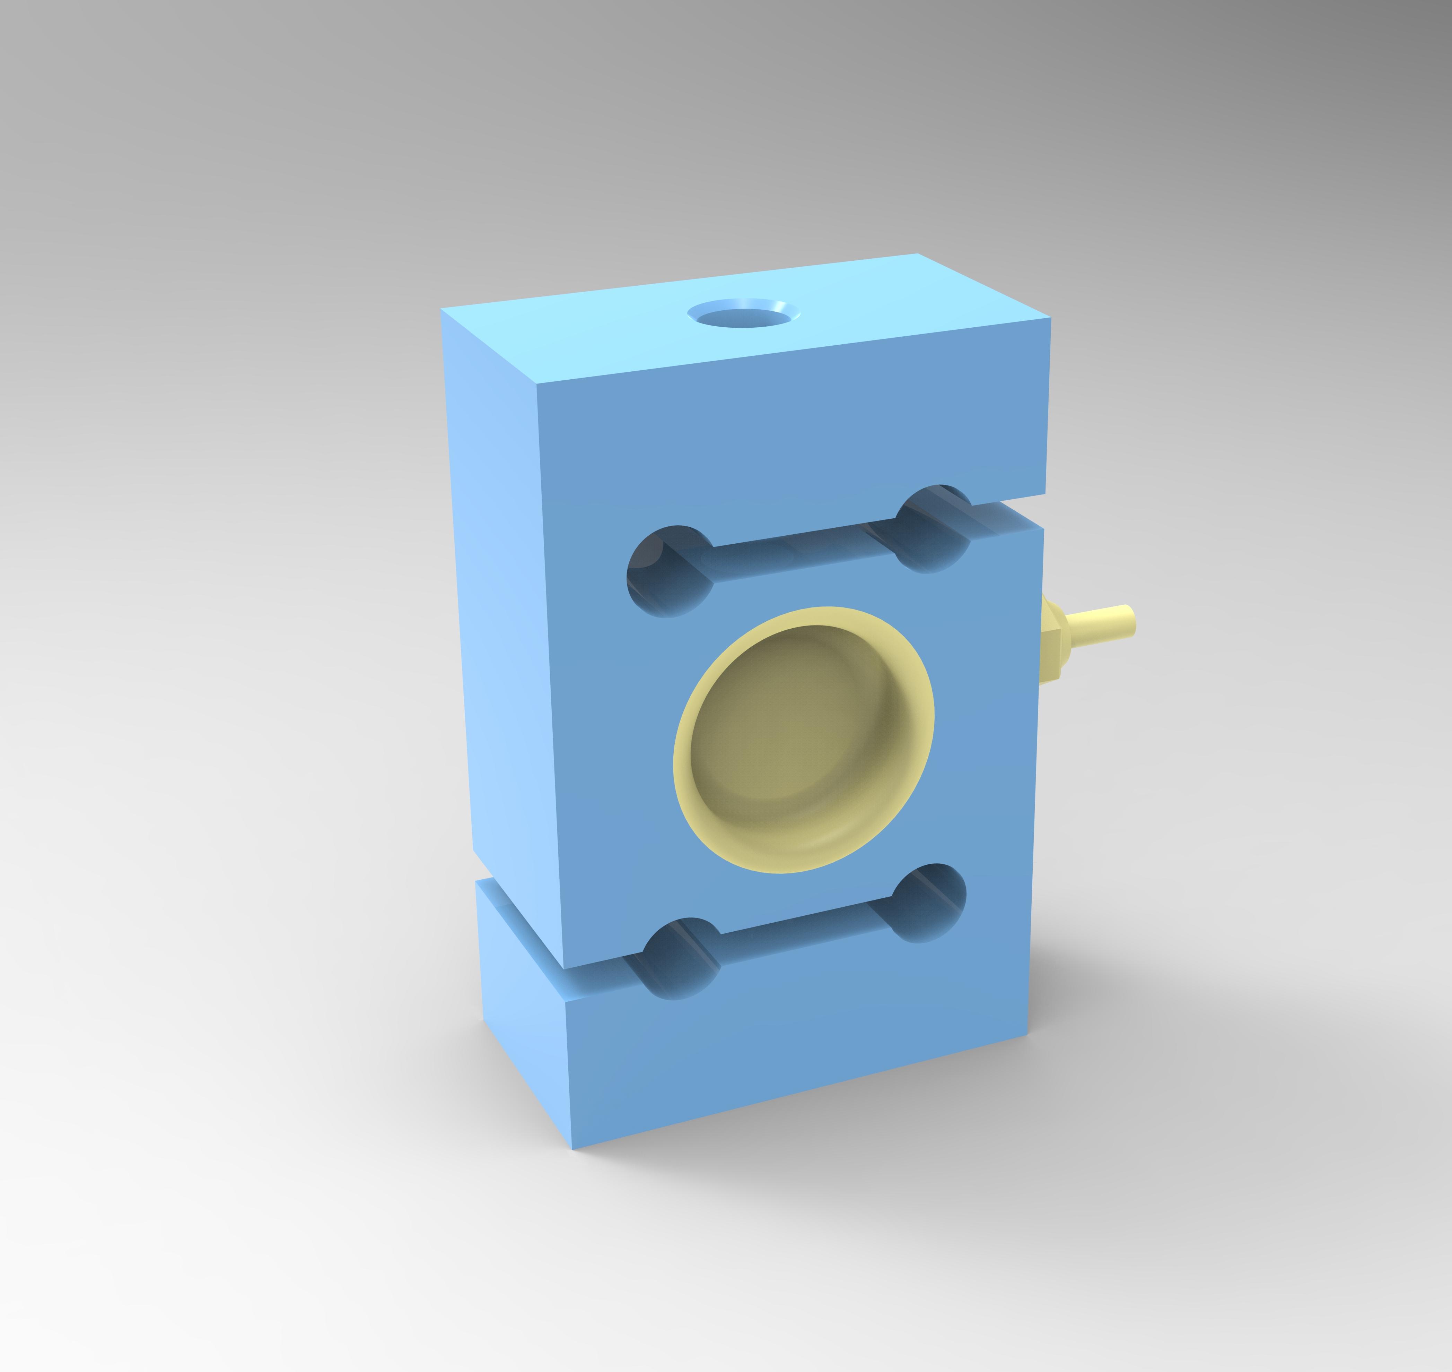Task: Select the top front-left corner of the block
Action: (537, 384)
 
